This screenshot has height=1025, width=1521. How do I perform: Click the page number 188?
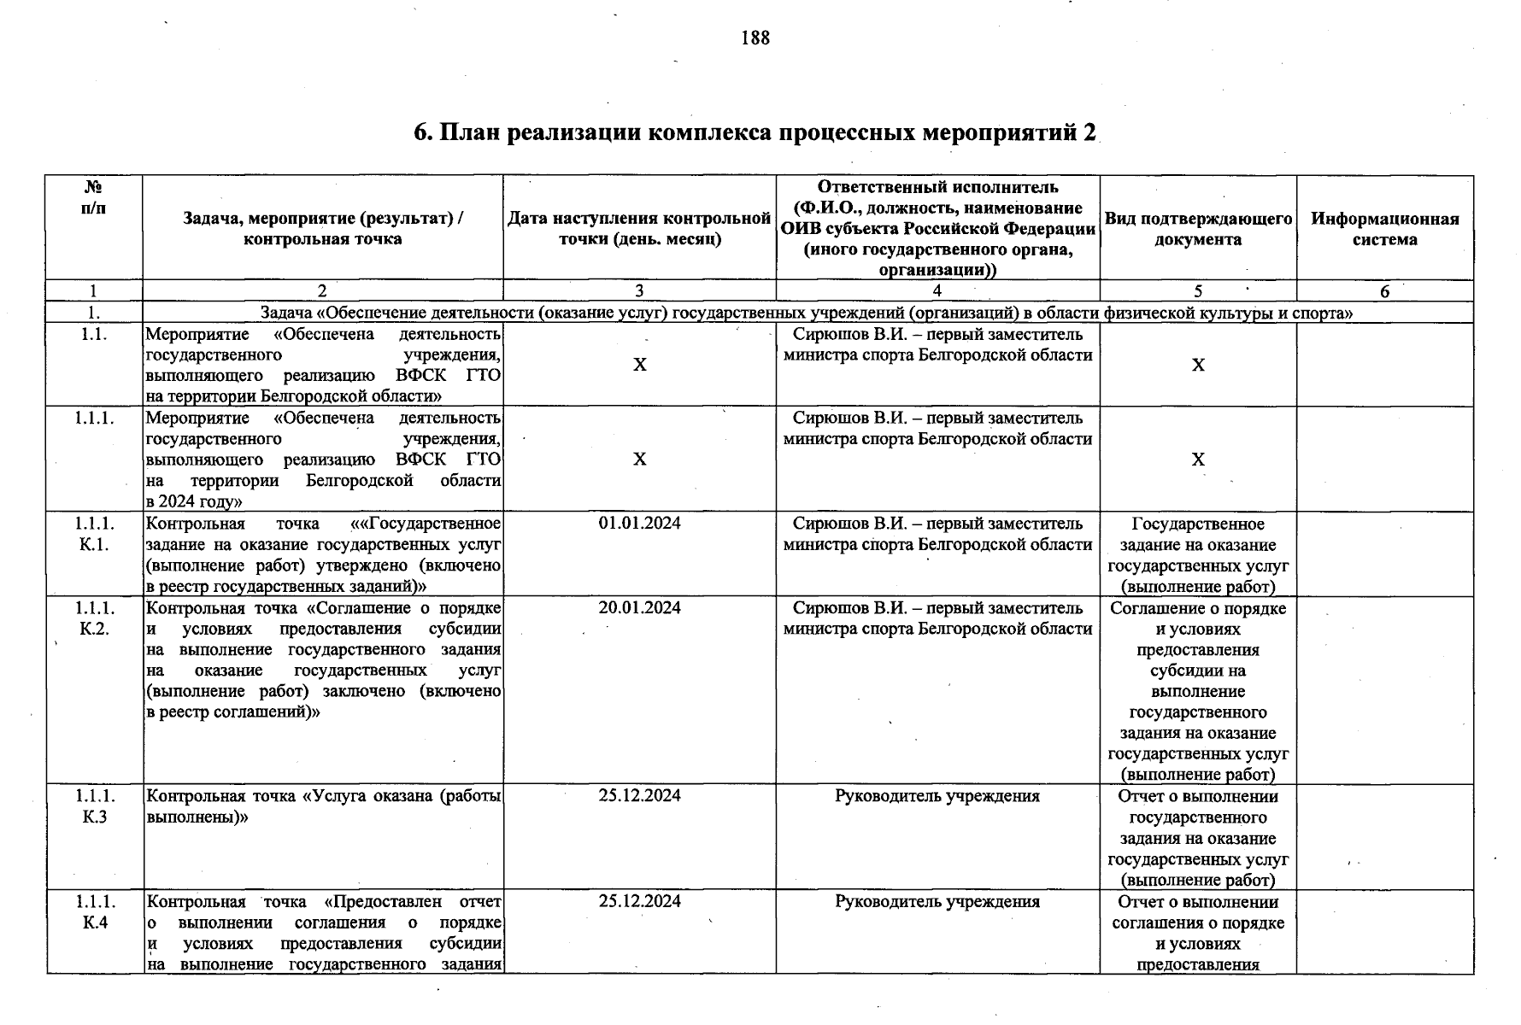pos(755,38)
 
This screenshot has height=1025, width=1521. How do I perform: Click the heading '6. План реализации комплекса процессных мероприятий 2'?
pos(755,133)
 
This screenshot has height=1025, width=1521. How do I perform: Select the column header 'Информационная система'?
pos(1384,229)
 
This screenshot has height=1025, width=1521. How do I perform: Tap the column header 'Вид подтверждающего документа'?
pos(1197,229)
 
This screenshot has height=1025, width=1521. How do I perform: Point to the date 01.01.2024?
pos(639,524)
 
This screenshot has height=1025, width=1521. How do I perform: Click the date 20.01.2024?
pos(639,608)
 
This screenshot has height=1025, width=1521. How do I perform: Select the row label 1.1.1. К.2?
pos(94,618)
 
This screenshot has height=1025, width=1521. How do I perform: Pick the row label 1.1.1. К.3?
pos(94,806)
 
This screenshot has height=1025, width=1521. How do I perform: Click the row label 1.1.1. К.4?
pos(94,912)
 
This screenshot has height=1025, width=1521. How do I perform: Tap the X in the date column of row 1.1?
pos(639,365)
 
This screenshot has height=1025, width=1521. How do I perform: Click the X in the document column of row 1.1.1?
pos(1197,460)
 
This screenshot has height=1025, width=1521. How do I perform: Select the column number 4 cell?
pos(937,291)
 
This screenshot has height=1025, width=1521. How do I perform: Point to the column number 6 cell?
pos(1384,291)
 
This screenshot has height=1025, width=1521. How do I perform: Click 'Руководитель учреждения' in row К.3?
pos(937,796)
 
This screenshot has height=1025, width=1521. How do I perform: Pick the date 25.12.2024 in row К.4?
pos(639,902)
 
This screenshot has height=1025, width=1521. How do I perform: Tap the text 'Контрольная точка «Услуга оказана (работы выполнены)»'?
pos(323,806)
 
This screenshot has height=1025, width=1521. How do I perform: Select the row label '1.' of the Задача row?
pos(94,313)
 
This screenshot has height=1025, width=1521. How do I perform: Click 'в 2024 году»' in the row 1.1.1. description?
pos(194,501)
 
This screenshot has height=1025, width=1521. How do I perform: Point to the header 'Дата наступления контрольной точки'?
pos(639,229)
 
